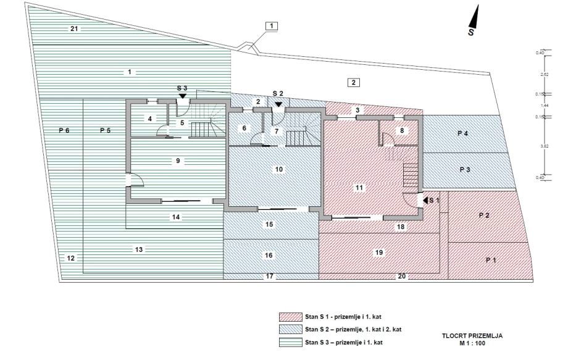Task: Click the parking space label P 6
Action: click(65, 130)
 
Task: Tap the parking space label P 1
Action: click(491, 260)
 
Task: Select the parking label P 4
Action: click(463, 133)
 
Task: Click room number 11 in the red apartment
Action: click(360, 187)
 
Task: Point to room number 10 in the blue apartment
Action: click(278, 169)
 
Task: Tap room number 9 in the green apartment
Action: click(177, 161)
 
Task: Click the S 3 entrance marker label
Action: click(182, 88)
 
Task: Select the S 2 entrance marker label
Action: click(278, 93)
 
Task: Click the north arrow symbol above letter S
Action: click(474, 14)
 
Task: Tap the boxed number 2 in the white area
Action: click(353, 82)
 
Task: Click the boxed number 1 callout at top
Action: click(272, 26)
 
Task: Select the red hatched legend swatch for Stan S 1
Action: click(289, 317)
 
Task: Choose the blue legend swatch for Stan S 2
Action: click(289, 329)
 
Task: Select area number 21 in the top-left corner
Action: click(74, 29)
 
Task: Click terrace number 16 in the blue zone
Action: click(269, 255)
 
